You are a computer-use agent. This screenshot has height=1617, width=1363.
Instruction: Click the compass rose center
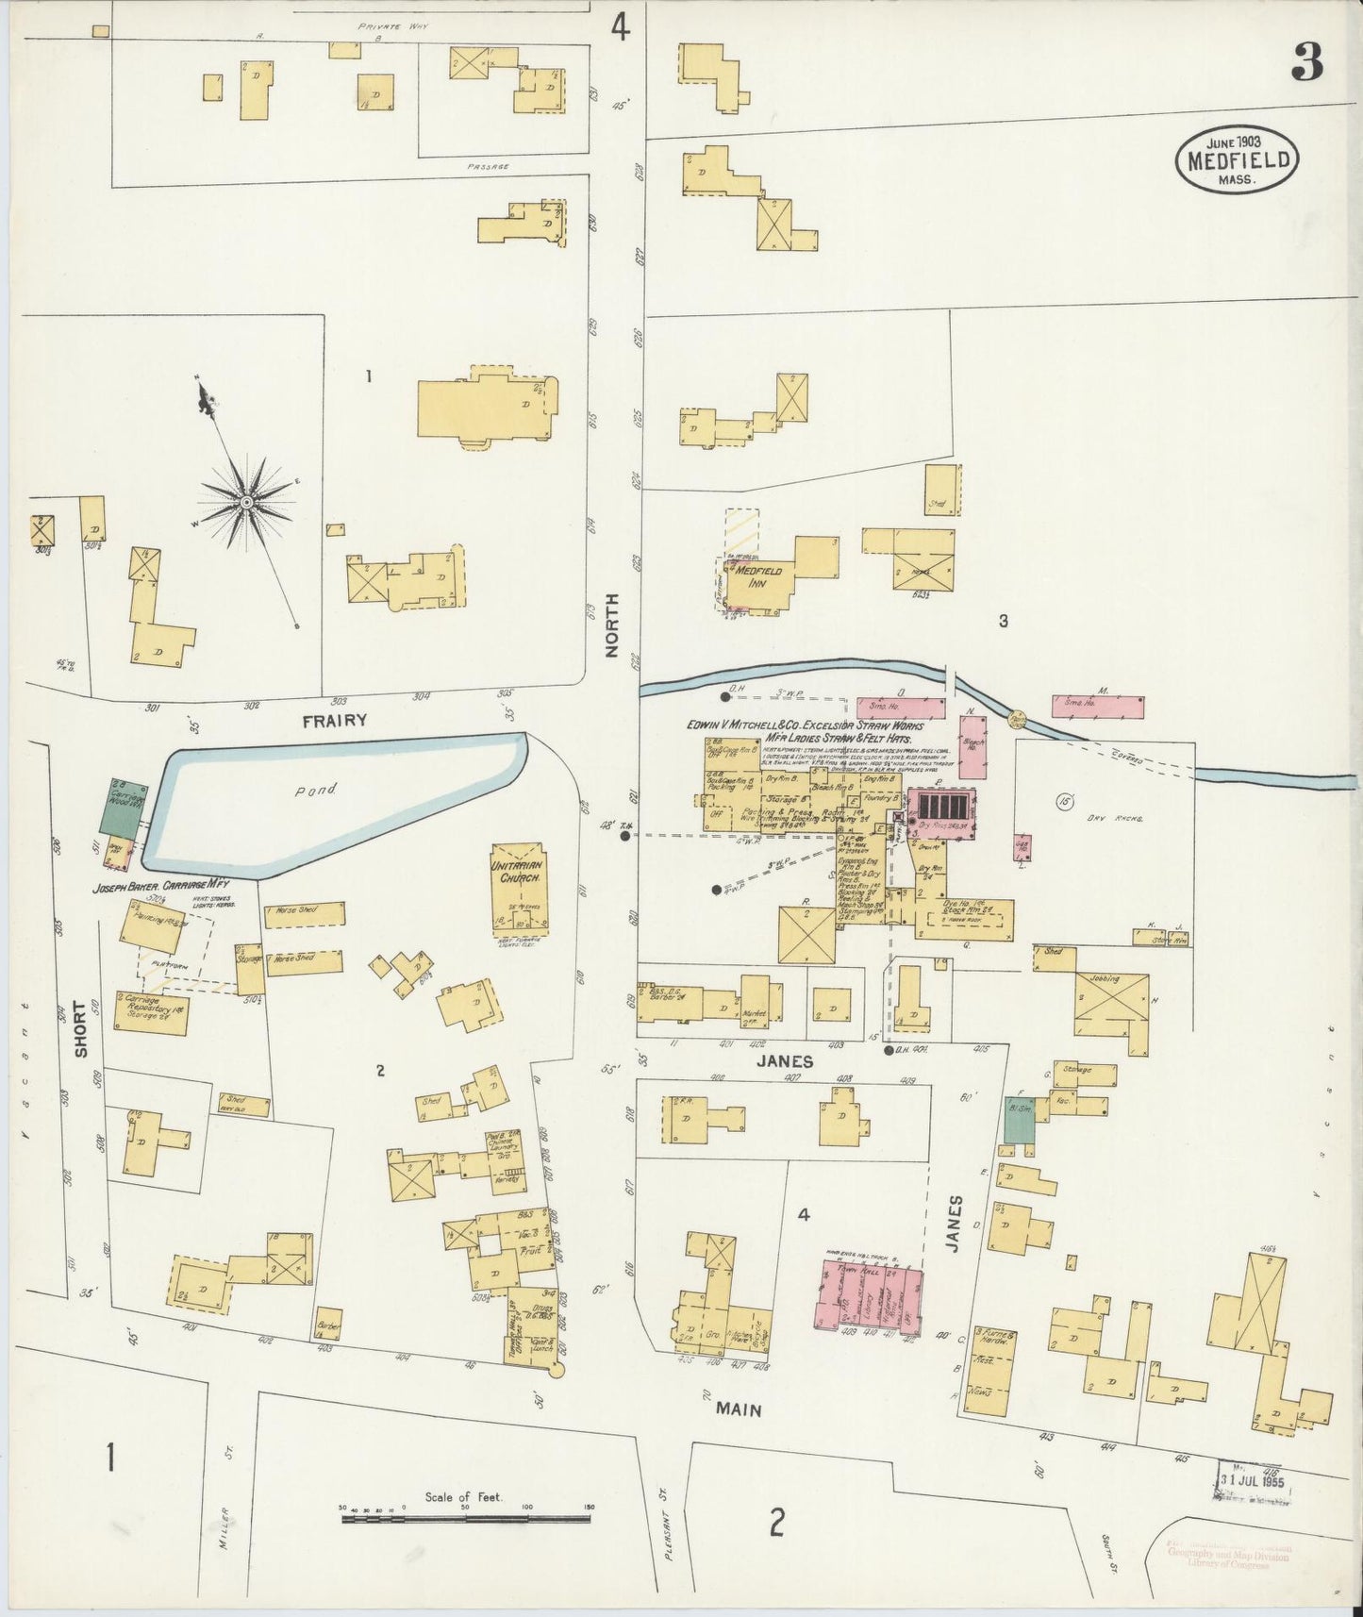pos(246,502)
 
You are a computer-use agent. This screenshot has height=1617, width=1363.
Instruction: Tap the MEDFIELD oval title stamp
pos(1238,161)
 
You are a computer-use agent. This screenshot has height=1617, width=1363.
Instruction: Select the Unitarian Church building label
pos(515,871)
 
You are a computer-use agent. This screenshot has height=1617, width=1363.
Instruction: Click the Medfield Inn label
pos(757,576)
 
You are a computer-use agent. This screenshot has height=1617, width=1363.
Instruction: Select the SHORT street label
pos(80,1027)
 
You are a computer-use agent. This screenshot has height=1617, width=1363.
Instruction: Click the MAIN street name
pos(738,1410)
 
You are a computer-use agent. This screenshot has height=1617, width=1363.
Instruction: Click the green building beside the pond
pos(121,808)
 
